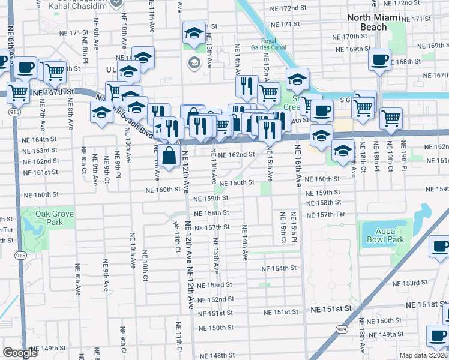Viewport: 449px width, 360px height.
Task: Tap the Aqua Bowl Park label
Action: click(x=384, y=235)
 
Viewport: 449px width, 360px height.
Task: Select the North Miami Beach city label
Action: click(x=375, y=22)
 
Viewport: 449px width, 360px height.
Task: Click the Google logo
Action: click(x=20, y=353)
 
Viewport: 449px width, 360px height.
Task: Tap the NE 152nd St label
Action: click(x=213, y=299)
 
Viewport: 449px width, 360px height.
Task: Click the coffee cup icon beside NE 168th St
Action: click(x=379, y=61)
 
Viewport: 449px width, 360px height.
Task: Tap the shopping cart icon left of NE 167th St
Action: click(x=18, y=93)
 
